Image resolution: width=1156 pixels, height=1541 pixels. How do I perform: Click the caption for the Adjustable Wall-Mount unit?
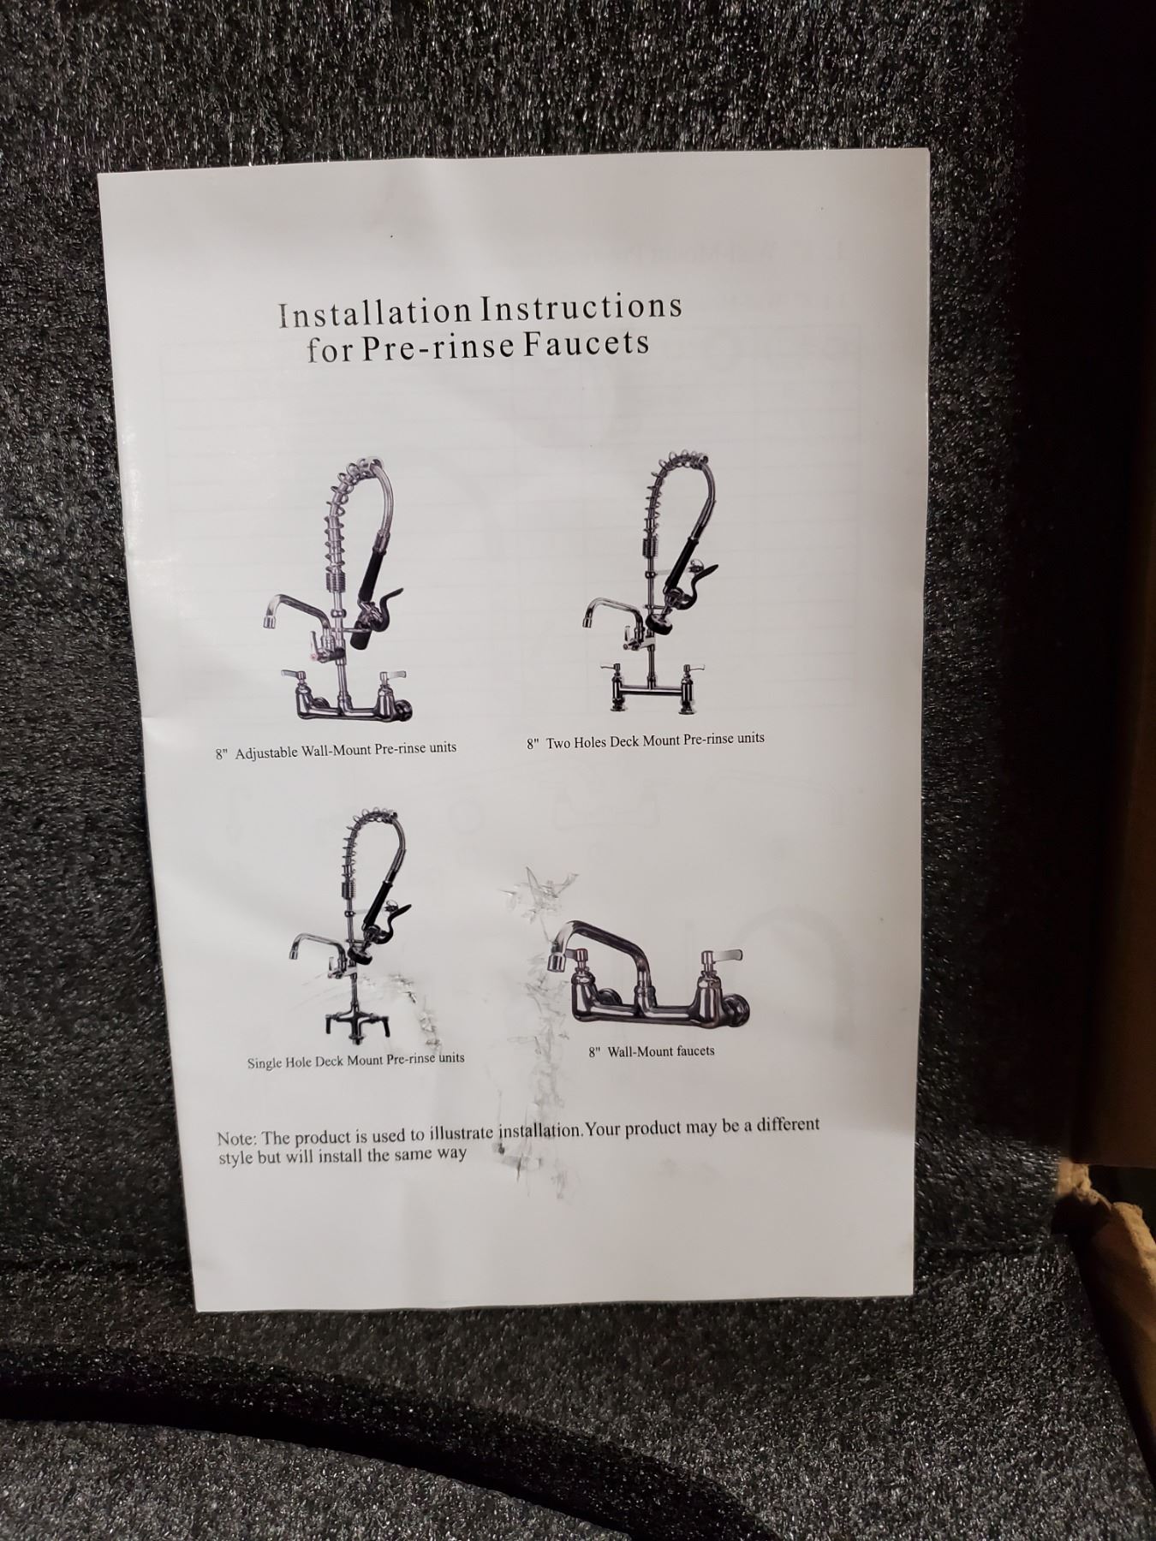[336, 751]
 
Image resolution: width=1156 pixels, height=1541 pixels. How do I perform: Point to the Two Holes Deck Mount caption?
[646, 741]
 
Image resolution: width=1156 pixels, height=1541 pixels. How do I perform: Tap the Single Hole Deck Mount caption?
[356, 1061]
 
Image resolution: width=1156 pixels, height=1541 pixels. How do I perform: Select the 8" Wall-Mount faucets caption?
[651, 1051]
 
